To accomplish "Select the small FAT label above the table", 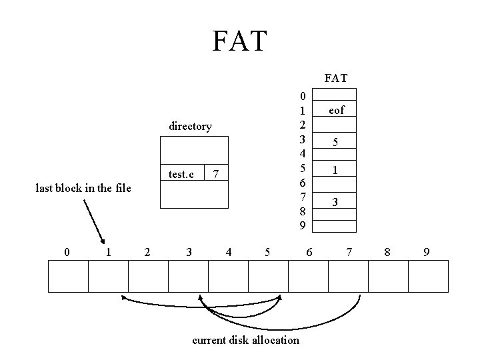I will pos(335,78).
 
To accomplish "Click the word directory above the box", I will pos(190,126).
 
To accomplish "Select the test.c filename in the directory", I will pos(181,175).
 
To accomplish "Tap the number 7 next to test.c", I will pos(215,175).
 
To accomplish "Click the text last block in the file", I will pos(83,188).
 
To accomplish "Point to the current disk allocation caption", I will pos(245,340).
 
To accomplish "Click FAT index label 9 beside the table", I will pos(303,225).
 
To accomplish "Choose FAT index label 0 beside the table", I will pos(303,96).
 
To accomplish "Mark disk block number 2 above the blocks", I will pos(147,252).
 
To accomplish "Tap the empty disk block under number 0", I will pos(68,276).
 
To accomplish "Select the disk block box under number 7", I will pos(348,276).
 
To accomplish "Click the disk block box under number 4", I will pos(228,276).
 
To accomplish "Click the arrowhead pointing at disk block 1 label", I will pos(103,241).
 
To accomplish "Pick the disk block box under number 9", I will pos(428,276).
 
